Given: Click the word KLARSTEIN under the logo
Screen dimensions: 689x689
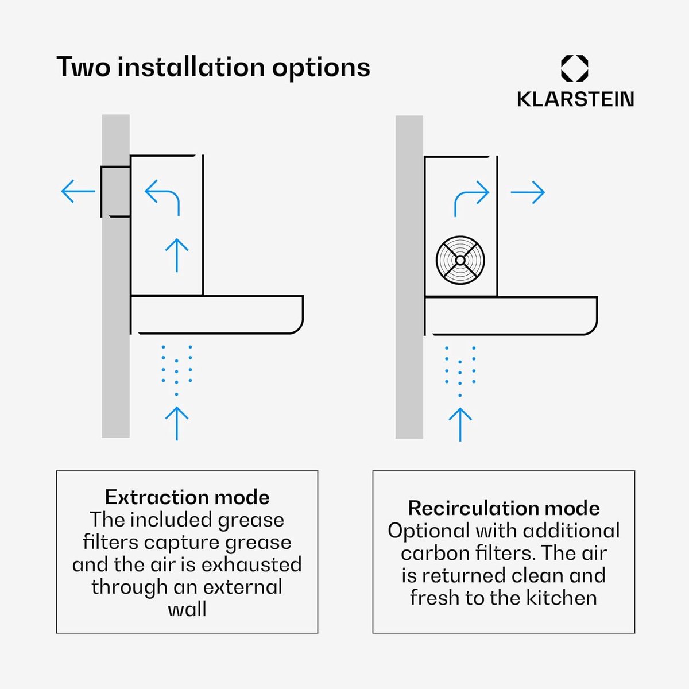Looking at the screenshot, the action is [575, 99].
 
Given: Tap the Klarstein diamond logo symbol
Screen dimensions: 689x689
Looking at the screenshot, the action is [575, 68].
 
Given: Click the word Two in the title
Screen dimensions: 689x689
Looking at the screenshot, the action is [83, 67].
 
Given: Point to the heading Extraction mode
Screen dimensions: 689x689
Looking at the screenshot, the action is [187, 497].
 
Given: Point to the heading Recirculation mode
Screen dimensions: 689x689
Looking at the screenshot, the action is [504, 508].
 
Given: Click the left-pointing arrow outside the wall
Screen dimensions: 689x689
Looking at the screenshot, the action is [78, 191].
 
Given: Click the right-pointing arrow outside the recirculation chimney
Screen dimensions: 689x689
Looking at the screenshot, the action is [528, 192].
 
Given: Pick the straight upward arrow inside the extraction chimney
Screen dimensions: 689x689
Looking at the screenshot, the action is [177, 256].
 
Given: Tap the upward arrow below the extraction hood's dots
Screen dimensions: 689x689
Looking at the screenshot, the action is [177, 423].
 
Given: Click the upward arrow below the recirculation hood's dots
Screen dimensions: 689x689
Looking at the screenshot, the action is [460, 424].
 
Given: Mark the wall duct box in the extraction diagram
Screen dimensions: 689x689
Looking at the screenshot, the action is [115, 192].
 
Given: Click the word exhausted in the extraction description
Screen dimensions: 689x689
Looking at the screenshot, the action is [251, 564].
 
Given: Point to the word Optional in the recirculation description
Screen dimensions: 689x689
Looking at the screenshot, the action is [428, 532].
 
